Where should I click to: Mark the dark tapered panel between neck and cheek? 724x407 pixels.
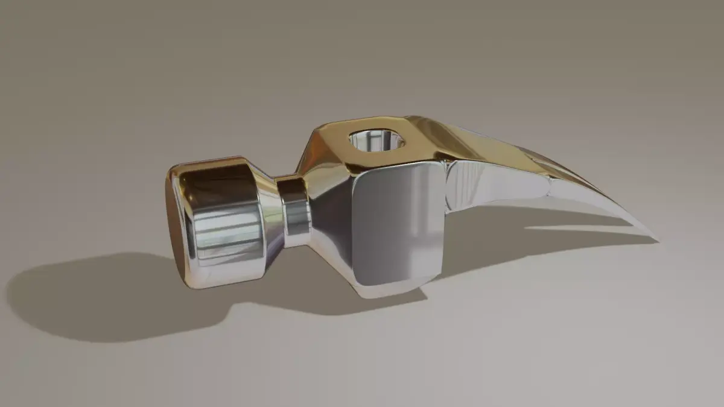(x=332, y=223)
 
